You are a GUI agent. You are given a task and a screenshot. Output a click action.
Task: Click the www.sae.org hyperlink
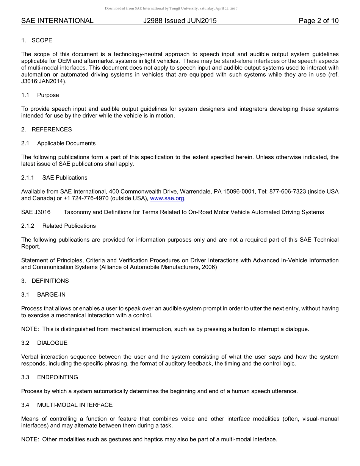(167, 199)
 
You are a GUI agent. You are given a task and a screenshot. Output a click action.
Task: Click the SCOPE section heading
(42, 40)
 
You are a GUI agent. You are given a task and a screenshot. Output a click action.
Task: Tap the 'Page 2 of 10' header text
(318, 21)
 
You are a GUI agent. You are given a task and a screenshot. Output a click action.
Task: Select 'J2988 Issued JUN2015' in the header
(180, 21)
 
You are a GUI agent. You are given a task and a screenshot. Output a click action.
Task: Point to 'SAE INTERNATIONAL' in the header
(57, 21)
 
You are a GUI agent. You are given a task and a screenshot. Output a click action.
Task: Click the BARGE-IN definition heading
(51, 294)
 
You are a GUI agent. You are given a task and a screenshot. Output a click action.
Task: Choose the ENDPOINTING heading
(58, 377)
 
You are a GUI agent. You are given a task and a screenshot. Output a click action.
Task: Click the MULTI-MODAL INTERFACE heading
(75, 405)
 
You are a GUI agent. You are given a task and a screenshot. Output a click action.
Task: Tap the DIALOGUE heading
(52, 343)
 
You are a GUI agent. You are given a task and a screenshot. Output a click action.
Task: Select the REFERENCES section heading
(52, 129)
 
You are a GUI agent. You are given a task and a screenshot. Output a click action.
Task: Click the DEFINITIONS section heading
(50, 281)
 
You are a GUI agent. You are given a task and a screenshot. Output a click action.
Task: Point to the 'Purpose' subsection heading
(48, 95)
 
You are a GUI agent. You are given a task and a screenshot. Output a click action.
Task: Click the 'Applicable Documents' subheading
(66, 143)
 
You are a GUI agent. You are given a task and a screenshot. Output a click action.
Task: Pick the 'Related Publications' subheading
(69, 226)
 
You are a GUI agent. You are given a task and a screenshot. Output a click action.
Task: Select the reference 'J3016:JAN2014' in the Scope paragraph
(41, 81)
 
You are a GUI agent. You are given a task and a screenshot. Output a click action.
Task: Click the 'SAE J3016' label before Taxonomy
(36, 212)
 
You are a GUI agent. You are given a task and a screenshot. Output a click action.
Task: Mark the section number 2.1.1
(28, 178)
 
